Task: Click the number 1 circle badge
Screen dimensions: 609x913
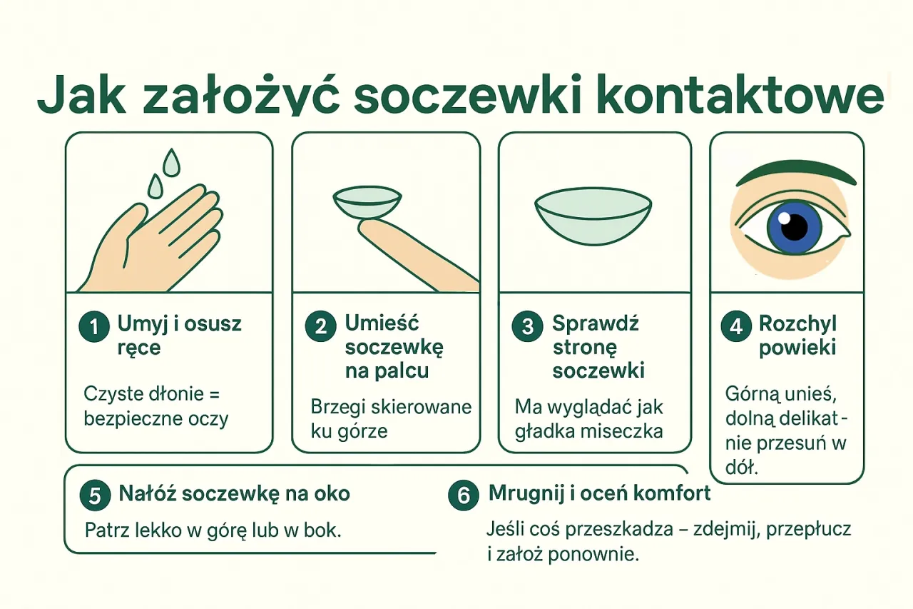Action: point(94,327)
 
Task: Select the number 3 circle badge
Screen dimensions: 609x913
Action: point(528,327)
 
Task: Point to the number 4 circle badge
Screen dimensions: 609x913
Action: point(736,327)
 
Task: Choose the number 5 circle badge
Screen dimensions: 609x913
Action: point(95,495)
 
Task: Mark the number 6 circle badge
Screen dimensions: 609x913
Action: point(464,495)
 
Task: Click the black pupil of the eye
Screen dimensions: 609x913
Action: point(794,228)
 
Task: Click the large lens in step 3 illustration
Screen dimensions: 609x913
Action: point(593,213)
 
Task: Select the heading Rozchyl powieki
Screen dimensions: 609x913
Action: point(797,336)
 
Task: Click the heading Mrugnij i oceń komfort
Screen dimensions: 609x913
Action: point(599,493)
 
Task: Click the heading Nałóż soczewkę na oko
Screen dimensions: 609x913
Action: point(234,493)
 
